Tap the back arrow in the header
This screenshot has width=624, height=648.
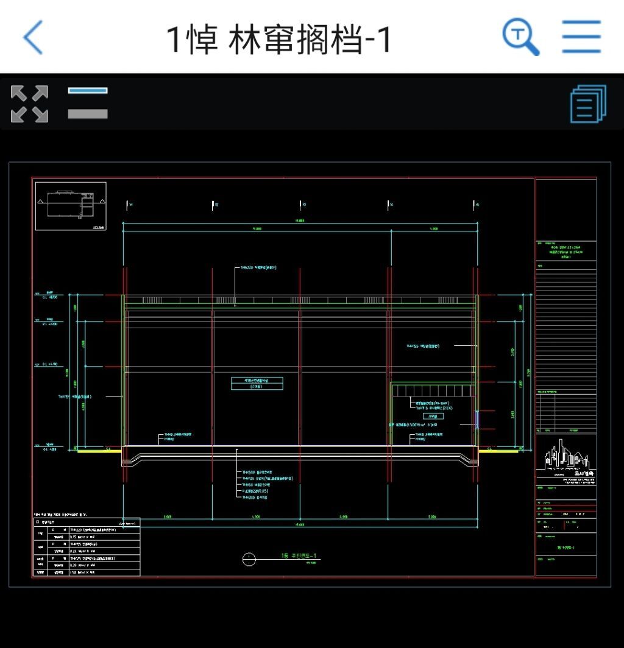coord(34,37)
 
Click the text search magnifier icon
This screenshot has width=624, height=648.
coord(520,37)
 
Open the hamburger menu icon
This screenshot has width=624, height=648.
coord(581,37)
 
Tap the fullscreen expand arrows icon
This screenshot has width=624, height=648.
coord(29,104)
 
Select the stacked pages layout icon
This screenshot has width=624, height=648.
coord(588,104)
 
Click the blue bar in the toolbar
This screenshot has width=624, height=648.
coord(88,91)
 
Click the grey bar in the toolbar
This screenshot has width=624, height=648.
coord(88,113)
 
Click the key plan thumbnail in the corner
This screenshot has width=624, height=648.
coord(71,206)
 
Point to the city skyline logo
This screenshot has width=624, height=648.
coord(566,454)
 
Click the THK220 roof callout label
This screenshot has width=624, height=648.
coord(258,267)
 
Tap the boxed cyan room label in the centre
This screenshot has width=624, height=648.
coord(257,383)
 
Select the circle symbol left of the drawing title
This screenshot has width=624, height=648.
coord(249,559)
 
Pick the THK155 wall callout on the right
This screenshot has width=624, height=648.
coord(423,346)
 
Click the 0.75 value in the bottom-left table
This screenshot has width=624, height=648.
coord(77,537)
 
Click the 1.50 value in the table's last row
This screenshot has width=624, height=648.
coord(77,572)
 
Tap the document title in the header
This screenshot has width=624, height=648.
coord(280,39)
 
